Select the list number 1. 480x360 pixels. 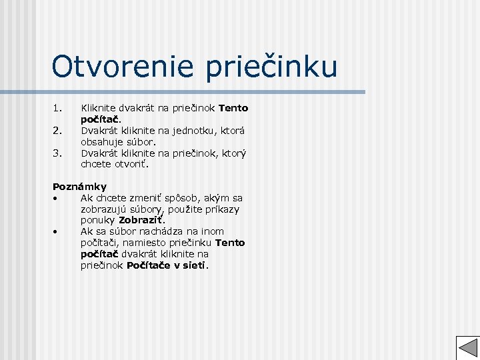[57, 108]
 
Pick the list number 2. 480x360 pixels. [57, 130]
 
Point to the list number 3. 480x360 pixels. [57, 153]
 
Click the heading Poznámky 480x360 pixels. [79, 187]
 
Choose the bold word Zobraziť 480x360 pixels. [141, 220]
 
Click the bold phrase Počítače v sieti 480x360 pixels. [167, 265]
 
